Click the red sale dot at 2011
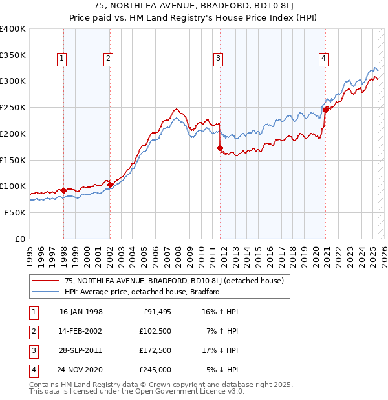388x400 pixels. (x=221, y=148)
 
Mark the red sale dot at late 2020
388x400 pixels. (x=325, y=110)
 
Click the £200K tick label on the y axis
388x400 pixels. (x=13, y=134)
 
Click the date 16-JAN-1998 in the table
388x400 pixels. (x=81, y=312)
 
